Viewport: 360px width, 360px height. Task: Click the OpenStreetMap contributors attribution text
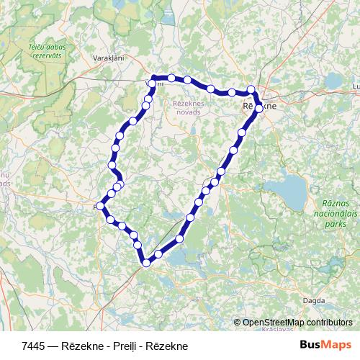(297, 323)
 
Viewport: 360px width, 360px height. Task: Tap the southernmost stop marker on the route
(146, 263)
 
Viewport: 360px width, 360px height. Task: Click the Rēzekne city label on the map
(259, 104)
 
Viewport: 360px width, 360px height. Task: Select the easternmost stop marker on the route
(259, 109)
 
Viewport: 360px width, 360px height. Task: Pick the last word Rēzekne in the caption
(166, 346)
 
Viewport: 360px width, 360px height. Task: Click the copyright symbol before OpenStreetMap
(238, 323)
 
